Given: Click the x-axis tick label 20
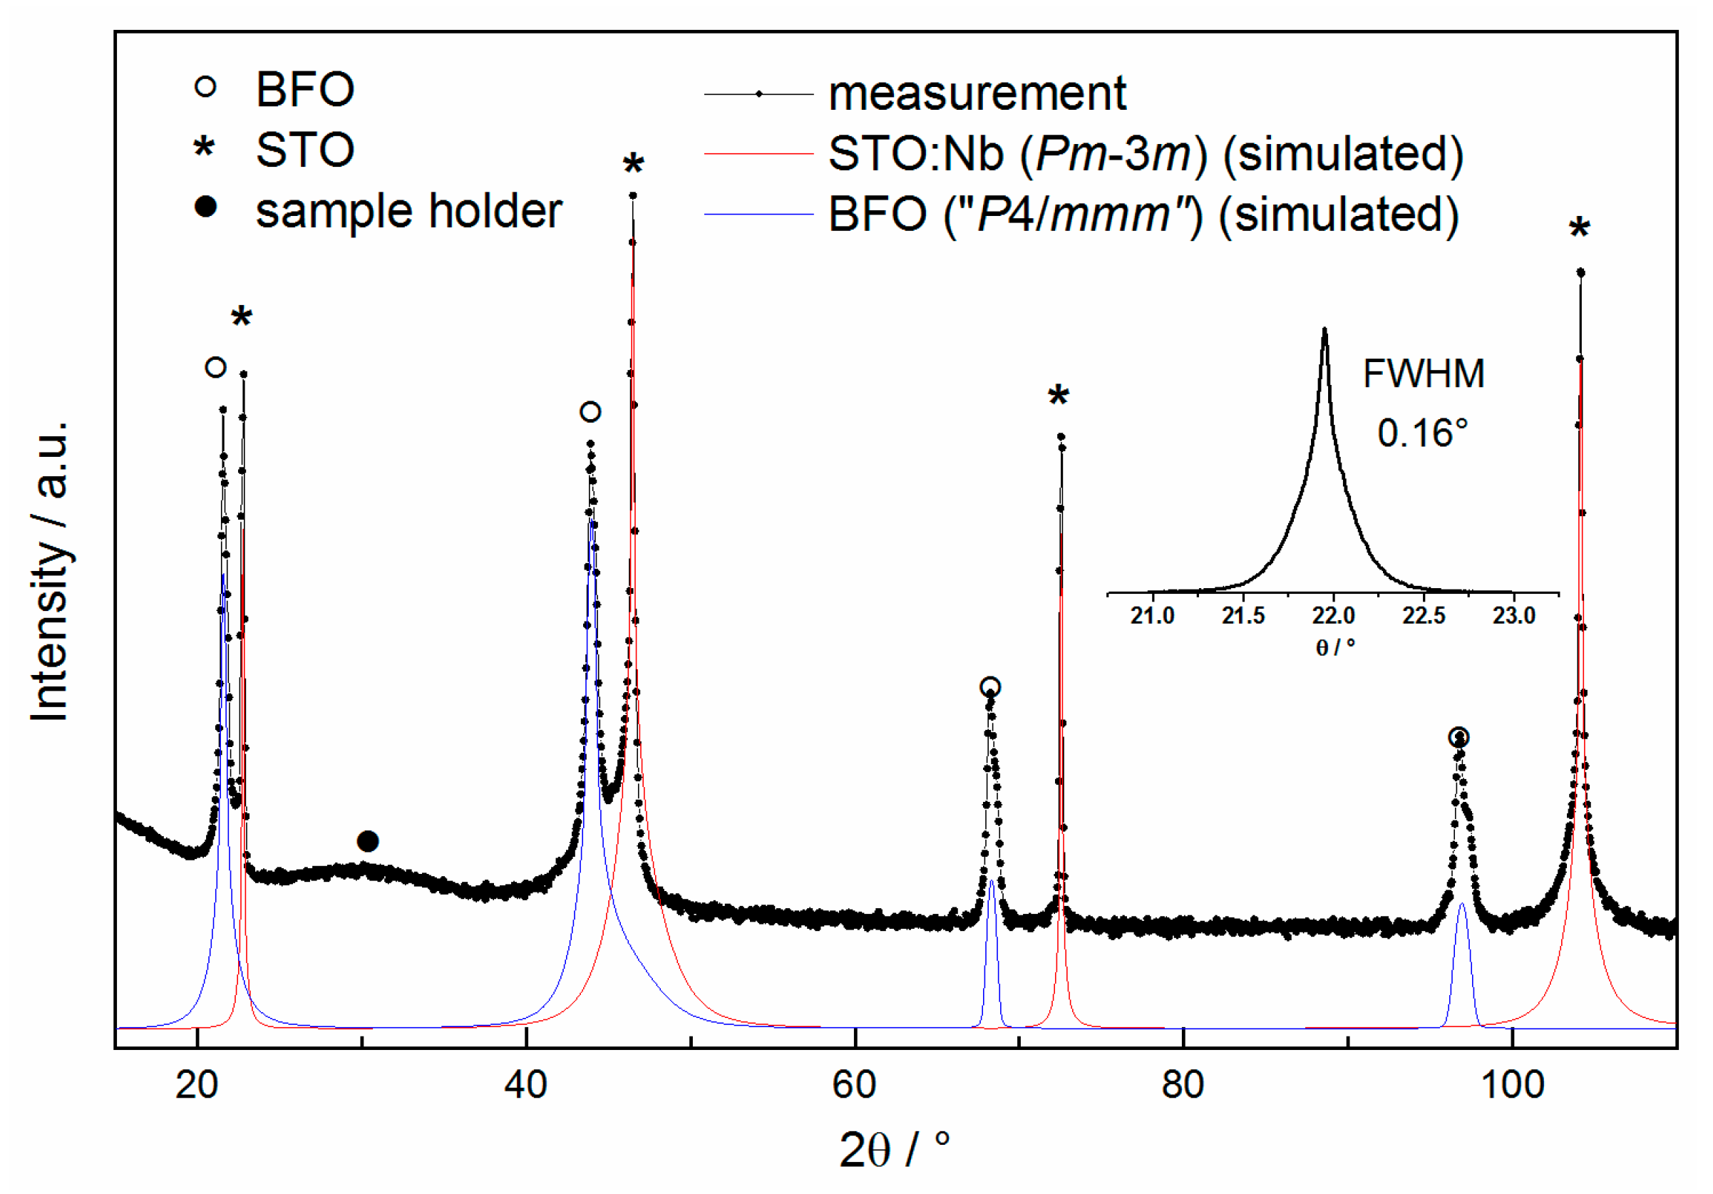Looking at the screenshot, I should (196, 1084).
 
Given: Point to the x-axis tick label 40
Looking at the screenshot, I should (525, 1084).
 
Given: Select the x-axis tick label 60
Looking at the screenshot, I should (853, 1084).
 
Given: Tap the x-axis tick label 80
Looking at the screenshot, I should (1183, 1084).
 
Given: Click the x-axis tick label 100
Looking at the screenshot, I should (1511, 1084).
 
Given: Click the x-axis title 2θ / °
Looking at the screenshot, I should (894, 1150).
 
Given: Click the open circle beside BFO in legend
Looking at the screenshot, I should (205, 87).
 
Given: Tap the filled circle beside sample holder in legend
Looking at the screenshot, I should (205, 207).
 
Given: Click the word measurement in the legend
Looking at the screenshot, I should (977, 94).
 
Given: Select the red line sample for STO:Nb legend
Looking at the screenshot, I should (758, 154).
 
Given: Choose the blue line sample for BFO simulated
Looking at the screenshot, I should (758, 214).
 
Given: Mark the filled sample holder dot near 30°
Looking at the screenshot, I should (368, 841).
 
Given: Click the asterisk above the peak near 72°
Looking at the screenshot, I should (1058, 396).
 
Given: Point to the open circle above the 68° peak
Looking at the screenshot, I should (989, 687).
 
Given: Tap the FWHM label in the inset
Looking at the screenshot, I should (1423, 373).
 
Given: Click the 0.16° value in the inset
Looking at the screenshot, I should (1422, 433).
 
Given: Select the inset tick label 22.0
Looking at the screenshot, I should (1333, 616).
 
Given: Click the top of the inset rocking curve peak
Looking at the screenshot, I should (1324, 330).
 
